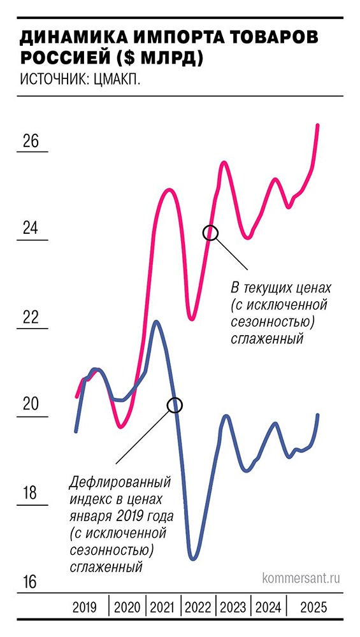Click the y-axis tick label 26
pos(31,141)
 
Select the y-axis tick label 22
pos(31,317)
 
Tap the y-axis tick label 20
pos(31,404)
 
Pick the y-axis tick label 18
pos(31,493)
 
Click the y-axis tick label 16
pos(31,582)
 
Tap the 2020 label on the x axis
pos(127,608)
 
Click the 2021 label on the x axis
pos(163,608)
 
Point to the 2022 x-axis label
pos(199,608)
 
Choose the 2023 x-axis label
pos(234,608)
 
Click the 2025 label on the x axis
pos(312,608)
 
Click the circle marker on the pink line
pos(211,233)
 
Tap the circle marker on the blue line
pos(175,404)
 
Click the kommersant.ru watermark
pos(301,578)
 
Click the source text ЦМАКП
pos(117,80)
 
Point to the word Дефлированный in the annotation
pos(111,483)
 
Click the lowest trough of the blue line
pos(192,559)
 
